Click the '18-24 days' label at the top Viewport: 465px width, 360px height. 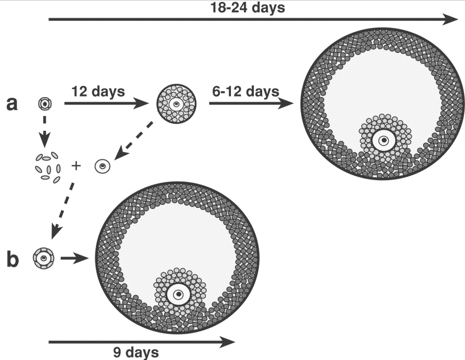pyautogui.click(x=248, y=7)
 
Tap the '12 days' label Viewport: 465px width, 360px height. pyautogui.click(x=98, y=91)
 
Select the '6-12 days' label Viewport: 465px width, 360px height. pyautogui.click(x=246, y=91)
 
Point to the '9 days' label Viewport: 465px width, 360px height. pyautogui.click(x=136, y=353)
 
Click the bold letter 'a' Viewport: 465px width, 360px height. pyautogui.click(x=12, y=104)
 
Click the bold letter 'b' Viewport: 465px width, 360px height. pyautogui.click(x=12, y=259)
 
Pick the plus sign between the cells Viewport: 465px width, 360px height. pyautogui.click(x=76, y=165)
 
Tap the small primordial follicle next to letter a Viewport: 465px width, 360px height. pyautogui.click(x=45, y=104)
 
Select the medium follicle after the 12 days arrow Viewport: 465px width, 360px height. pyautogui.click(x=177, y=104)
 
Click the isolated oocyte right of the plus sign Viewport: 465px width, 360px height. pyautogui.click(x=102, y=166)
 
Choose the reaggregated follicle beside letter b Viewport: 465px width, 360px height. pyautogui.click(x=44, y=258)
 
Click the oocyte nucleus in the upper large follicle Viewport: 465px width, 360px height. pyautogui.click(x=384, y=140)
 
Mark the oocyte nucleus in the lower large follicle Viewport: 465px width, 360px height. pyautogui.click(x=179, y=294)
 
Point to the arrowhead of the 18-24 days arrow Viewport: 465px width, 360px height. pyautogui.click(x=450, y=19)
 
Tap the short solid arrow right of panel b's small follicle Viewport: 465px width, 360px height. pyautogui.click(x=74, y=258)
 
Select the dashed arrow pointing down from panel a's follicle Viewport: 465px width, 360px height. pyautogui.click(x=45, y=132)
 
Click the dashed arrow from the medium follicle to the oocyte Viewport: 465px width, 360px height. pyautogui.click(x=134, y=140)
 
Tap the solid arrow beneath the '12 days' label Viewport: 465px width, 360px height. pyautogui.click(x=106, y=103)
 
